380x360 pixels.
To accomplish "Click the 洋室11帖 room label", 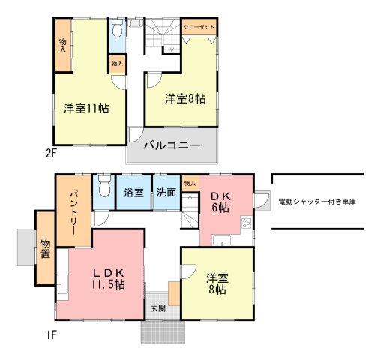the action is (x=86, y=108).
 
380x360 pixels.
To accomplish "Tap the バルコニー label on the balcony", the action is (x=172, y=145).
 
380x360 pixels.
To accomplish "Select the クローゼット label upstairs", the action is (x=199, y=27).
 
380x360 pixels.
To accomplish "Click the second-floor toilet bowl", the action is (x=117, y=28).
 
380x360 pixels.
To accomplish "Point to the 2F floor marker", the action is (x=51, y=153).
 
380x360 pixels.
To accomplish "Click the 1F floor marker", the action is (x=51, y=335).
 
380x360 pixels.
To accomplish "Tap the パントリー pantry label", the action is (x=73, y=212).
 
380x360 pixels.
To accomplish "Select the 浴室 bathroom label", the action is (x=134, y=193).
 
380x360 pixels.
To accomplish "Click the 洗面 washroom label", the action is (x=166, y=193).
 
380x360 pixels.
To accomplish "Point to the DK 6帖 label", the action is (x=220, y=202).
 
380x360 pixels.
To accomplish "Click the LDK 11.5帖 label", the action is (x=108, y=278).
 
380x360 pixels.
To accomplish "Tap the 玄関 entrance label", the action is (x=158, y=308).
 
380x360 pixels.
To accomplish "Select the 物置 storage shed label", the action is (x=46, y=248).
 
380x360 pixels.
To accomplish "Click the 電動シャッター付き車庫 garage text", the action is (x=317, y=202).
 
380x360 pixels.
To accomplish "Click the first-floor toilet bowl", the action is (x=104, y=187).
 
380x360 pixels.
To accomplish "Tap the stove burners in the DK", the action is (x=247, y=223).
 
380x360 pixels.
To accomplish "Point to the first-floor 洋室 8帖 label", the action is (x=217, y=283).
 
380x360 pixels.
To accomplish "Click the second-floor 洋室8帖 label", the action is (x=185, y=98).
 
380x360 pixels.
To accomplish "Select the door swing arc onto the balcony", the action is (x=136, y=136).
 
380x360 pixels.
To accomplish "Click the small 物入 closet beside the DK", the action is (x=190, y=184).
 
